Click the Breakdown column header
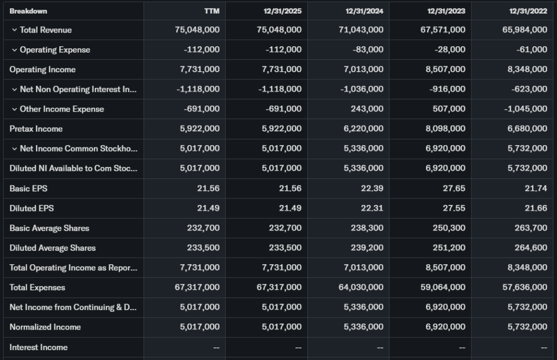[x=28, y=11]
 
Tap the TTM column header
[x=212, y=11]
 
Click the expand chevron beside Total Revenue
[x=14, y=30]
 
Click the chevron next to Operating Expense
[x=14, y=49]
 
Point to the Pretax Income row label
[x=36, y=129]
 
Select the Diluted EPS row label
[x=32, y=208]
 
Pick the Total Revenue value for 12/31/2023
[x=443, y=30]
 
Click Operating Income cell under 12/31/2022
[x=524, y=70]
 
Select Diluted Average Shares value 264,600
[x=531, y=248]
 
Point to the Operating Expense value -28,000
[x=450, y=49]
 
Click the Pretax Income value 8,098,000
[x=443, y=129]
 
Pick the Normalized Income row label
[x=45, y=327]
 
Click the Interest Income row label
[x=39, y=347]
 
